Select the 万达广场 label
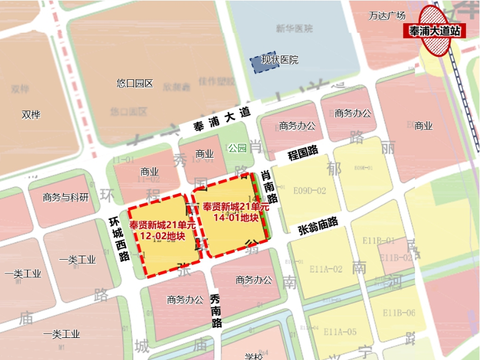386,15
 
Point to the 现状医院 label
279,60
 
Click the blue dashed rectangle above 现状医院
264,63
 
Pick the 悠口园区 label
135,83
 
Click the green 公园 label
237,148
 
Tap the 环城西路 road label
117,240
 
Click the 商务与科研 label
66,197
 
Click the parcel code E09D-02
309,191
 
